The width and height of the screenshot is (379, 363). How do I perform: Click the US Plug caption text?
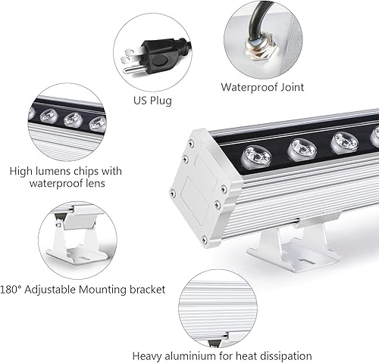[152, 101]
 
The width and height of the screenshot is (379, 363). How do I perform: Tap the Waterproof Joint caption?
[262, 87]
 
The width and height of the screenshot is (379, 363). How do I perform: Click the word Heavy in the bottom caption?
[149, 355]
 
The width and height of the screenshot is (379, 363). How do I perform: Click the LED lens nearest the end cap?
[256, 156]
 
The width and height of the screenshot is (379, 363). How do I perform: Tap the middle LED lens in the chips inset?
[73, 119]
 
